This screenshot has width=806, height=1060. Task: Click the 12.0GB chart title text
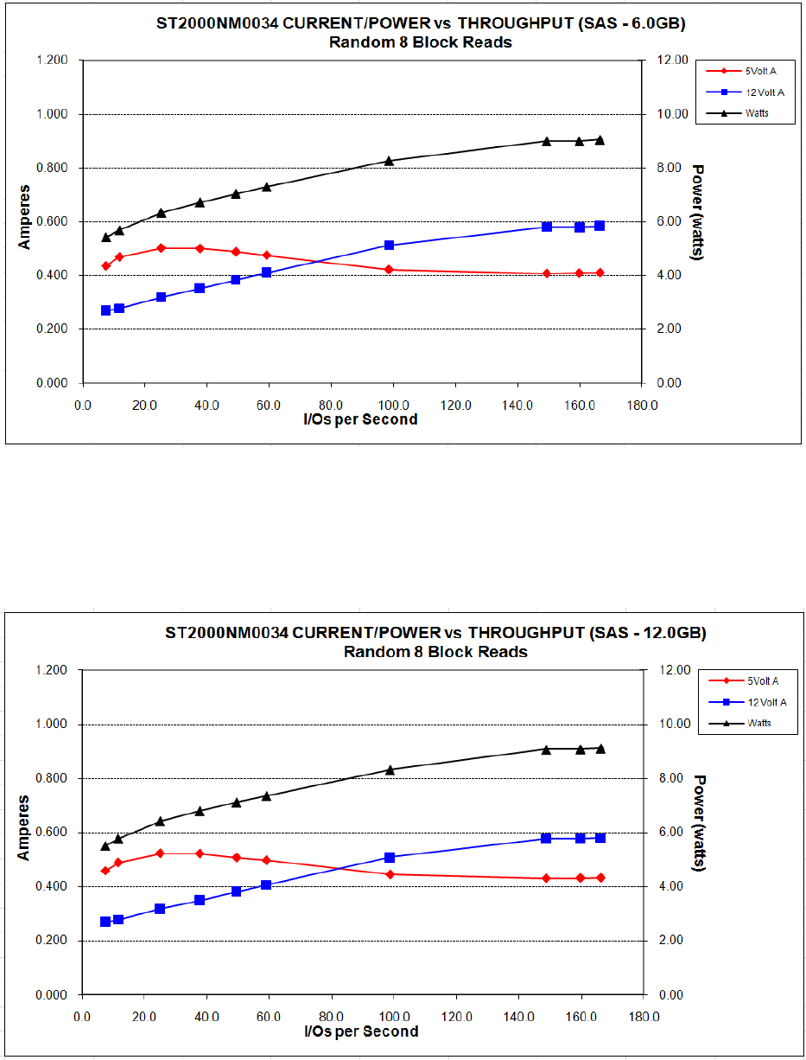pos(435,632)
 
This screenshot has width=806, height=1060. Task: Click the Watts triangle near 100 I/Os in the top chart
pos(389,161)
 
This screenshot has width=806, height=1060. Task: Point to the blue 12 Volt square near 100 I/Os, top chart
pos(389,246)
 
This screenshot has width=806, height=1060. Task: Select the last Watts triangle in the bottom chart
pos(600,749)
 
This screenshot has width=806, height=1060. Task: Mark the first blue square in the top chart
pos(106,310)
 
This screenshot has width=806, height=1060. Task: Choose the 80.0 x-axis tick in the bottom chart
pos(330,1012)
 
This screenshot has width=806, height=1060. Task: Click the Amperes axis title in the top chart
pos(25,216)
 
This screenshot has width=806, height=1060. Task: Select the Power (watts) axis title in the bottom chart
pos(699,822)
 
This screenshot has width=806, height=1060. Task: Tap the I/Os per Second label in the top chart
pos(361,419)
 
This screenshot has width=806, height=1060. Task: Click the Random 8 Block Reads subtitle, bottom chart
pos(435,651)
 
